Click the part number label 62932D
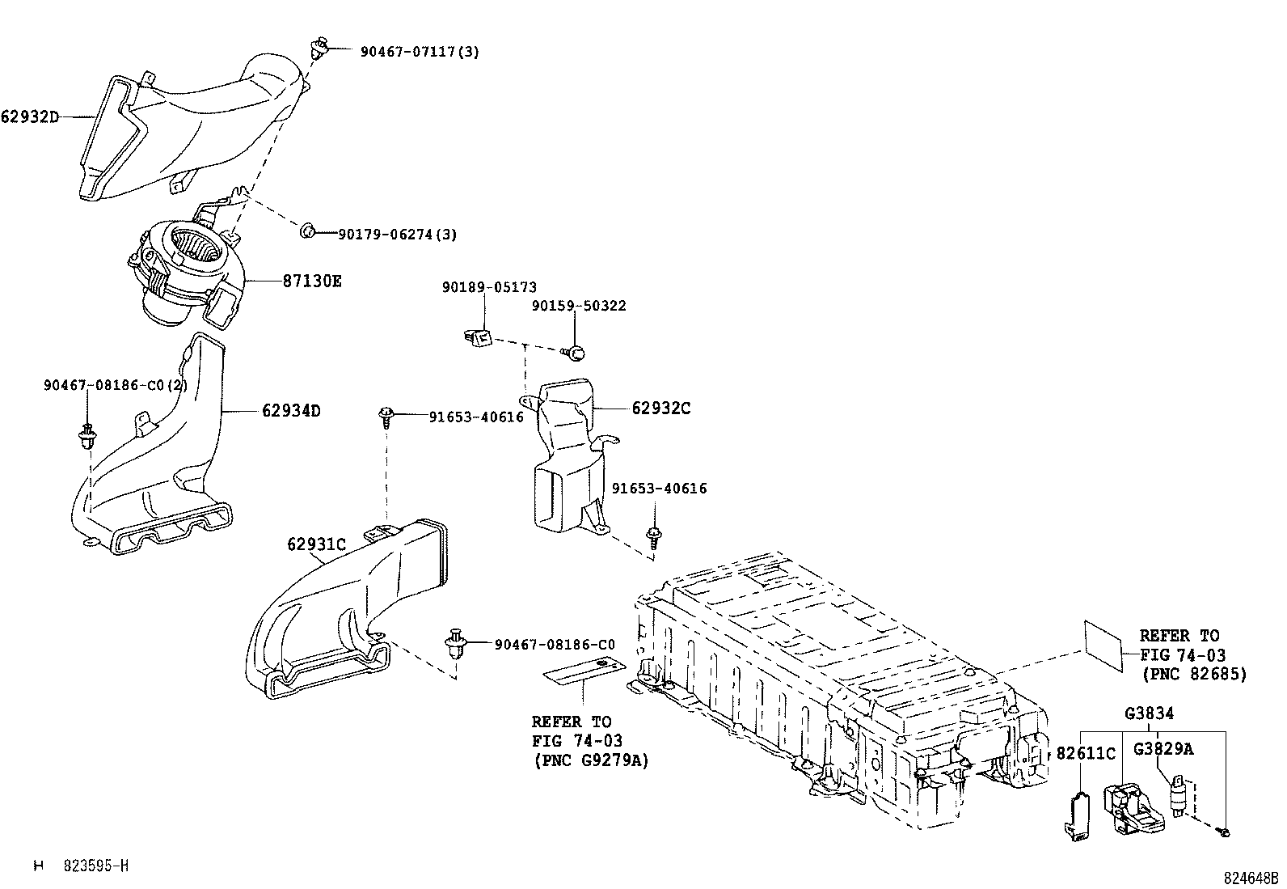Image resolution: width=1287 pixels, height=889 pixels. click(30, 116)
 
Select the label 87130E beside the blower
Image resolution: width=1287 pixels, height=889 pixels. click(312, 281)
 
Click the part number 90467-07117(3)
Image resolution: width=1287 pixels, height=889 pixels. click(420, 52)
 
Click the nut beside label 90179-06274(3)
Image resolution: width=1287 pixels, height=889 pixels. click(307, 232)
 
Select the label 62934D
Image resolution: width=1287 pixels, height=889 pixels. click(291, 411)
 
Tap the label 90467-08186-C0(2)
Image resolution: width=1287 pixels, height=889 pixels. click(116, 386)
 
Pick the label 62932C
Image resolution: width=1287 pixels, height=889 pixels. click(660, 408)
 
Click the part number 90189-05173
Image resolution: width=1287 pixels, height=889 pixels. click(489, 287)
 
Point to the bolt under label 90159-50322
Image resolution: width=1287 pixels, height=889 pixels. click(575, 353)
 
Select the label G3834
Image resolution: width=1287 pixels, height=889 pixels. click(1150, 713)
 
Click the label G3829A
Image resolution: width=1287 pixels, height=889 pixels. click(1163, 749)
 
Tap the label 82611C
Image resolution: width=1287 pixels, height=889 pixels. click(1086, 754)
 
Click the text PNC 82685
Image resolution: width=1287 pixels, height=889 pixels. click(1194, 673)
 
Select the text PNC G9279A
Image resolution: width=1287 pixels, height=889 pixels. click(590, 760)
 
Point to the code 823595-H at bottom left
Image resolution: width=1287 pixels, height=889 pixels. click(96, 866)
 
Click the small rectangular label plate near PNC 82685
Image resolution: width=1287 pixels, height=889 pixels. click(1103, 645)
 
